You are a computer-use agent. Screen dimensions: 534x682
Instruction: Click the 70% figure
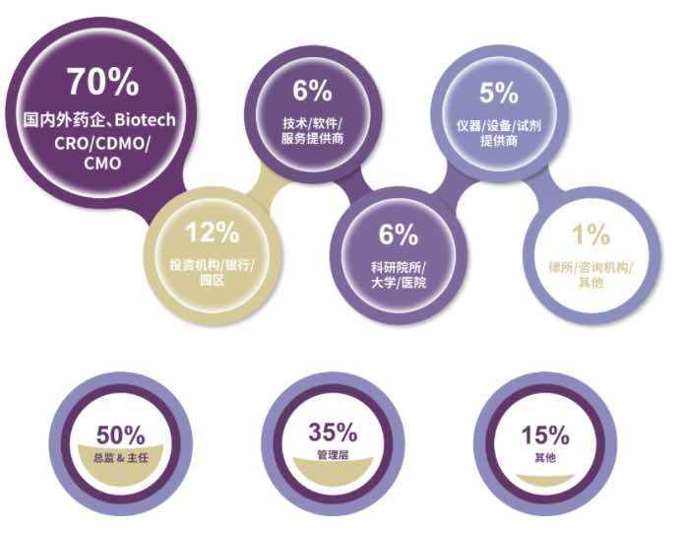click(x=102, y=82)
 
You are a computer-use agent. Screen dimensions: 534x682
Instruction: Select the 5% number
click(x=499, y=94)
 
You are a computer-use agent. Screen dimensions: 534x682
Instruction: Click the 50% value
click(x=120, y=434)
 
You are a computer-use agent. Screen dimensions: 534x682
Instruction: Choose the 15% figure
click(x=544, y=434)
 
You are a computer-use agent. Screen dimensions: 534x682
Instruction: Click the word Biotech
click(x=144, y=121)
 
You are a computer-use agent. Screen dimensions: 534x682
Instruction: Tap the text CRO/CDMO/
click(x=102, y=143)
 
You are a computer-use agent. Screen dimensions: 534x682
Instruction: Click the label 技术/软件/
click(x=312, y=123)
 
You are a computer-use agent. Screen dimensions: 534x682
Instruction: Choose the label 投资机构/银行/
click(x=213, y=265)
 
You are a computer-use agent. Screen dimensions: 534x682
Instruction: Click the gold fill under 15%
click(x=544, y=479)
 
